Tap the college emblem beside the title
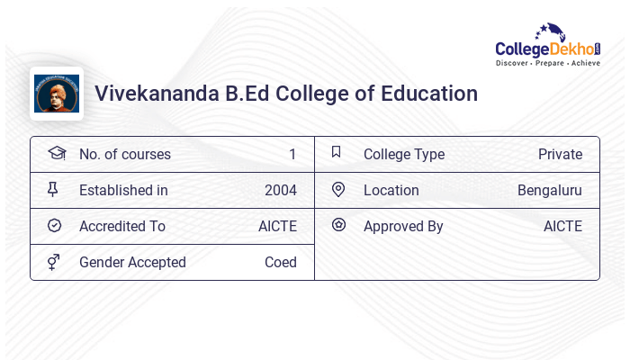pyautogui.click(x=57, y=94)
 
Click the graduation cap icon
pyautogui.click(x=56, y=154)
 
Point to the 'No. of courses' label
pyautogui.click(x=124, y=155)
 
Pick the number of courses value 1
pyautogui.click(x=292, y=155)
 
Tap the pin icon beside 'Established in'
pyautogui.click(x=54, y=190)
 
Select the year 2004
pyautogui.click(x=280, y=191)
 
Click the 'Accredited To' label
pyautogui.click(x=121, y=227)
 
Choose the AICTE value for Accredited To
pyautogui.click(x=277, y=227)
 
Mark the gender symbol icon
pyautogui.click(x=54, y=262)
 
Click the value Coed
pyautogui.click(x=280, y=263)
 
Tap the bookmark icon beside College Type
pyautogui.click(x=337, y=153)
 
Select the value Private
pyautogui.click(x=560, y=155)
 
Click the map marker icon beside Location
pyautogui.click(x=337, y=190)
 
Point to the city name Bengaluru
pyautogui.click(x=549, y=191)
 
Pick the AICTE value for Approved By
pyautogui.click(x=562, y=227)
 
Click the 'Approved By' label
pyautogui.click(x=403, y=227)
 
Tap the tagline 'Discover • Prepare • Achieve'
pyautogui.click(x=547, y=64)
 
